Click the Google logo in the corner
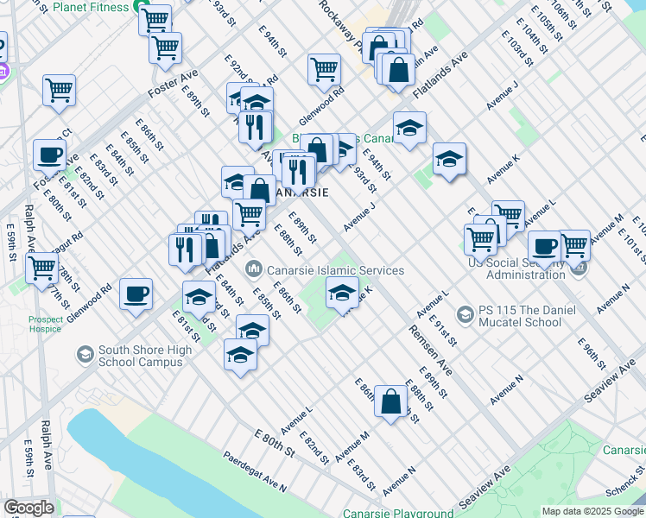(28, 508)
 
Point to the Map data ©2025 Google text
(593, 512)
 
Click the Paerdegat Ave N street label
(254, 471)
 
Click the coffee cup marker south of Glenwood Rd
(136, 294)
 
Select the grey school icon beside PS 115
(465, 312)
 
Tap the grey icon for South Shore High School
(85, 354)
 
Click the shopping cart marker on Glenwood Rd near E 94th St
(324, 68)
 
